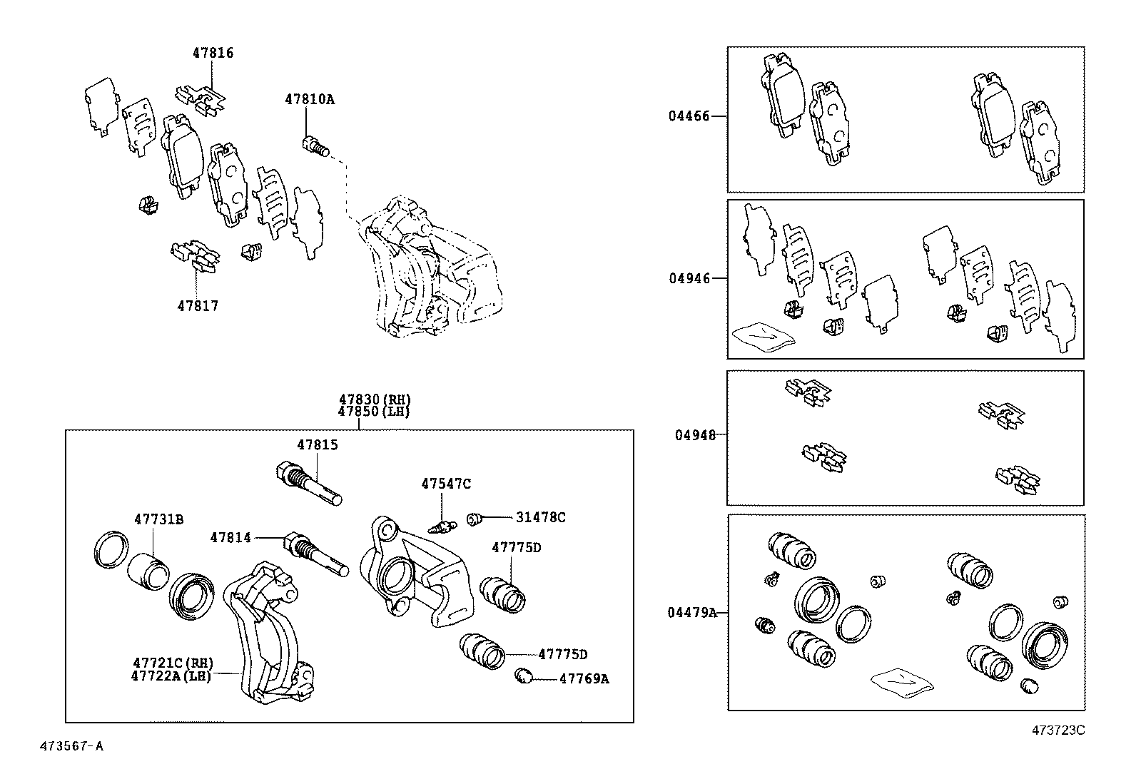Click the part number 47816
pos(213,53)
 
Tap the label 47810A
pos(310,99)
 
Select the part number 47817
pos(198,306)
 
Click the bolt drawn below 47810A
pos(315,146)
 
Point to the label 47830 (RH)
pos(375,399)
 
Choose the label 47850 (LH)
pos(375,412)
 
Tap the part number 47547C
pos(446,484)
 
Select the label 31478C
pos(540,517)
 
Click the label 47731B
pos(158,519)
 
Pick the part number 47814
pos(230,537)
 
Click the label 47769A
pos(583,679)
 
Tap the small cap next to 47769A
pos(524,676)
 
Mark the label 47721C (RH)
pos(172,663)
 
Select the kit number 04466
pos(689,116)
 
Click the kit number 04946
pos(689,278)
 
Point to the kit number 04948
pos(695,434)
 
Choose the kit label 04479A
pos(692,612)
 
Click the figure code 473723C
pos(1058,730)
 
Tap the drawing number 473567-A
pos(71,746)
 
